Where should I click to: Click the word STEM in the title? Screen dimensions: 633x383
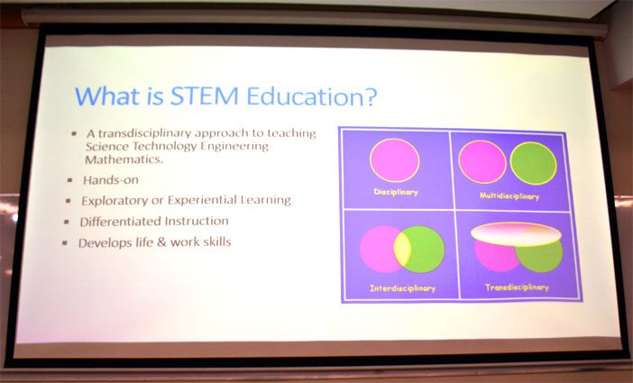coord(205,96)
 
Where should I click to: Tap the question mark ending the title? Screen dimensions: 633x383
coord(371,97)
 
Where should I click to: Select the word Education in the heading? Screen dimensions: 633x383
coord(305,96)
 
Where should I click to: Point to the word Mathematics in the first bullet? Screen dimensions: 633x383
coord(124,160)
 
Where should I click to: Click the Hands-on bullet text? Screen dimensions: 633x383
coord(111,180)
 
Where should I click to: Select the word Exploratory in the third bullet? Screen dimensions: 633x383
coord(115,201)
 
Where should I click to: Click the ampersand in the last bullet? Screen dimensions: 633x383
coord(161,242)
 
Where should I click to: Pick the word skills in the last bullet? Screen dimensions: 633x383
coord(216,242)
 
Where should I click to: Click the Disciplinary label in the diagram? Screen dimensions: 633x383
coord(396,192)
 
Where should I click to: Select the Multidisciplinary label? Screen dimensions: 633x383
coord(509,196)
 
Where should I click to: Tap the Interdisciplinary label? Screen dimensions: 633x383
coord(402,288)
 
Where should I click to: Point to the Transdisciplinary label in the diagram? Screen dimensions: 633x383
coord(517,287)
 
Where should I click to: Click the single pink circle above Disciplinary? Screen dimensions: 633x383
coord(394,160)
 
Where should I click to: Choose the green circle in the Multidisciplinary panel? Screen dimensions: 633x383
coord(533,163)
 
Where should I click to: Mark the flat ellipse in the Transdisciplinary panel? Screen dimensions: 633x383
coord(516,234)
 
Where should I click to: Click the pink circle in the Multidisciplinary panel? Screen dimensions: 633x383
coord(482,162)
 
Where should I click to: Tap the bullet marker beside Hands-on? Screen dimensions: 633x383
coord(70,180)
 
